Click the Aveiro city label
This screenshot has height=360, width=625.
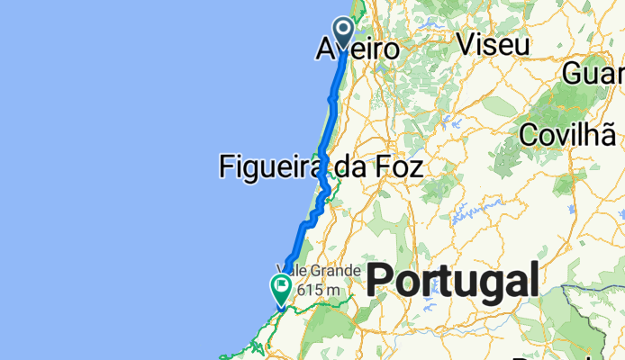pos(358,50)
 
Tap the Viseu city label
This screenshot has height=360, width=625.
pos(492,43)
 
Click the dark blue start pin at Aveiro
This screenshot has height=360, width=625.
pos(343,31)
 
